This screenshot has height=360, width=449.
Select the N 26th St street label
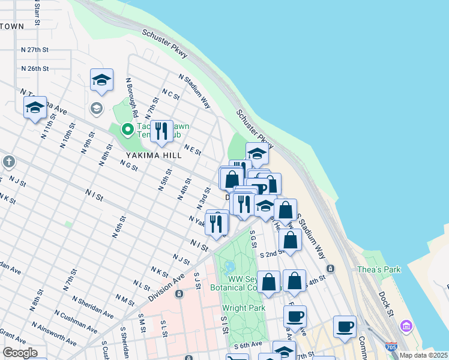click(x=34, y=68)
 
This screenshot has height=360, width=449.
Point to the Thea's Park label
click(x=381, y=269)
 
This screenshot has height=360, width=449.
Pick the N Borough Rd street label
click(x=132, y=96)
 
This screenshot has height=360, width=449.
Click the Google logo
click(x=19, y=353)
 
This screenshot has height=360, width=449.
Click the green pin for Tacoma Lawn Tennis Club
click(x=127, y=129)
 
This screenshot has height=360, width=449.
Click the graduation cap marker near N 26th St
click(x=101, y=80)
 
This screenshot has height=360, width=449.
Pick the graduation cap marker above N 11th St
click(x=35, y=107)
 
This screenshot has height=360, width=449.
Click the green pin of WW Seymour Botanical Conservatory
click(x=228, y=267)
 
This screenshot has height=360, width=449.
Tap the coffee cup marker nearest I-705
click(x=345, y=327)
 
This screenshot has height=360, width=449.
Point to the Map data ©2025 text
click(x=423, y=355)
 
